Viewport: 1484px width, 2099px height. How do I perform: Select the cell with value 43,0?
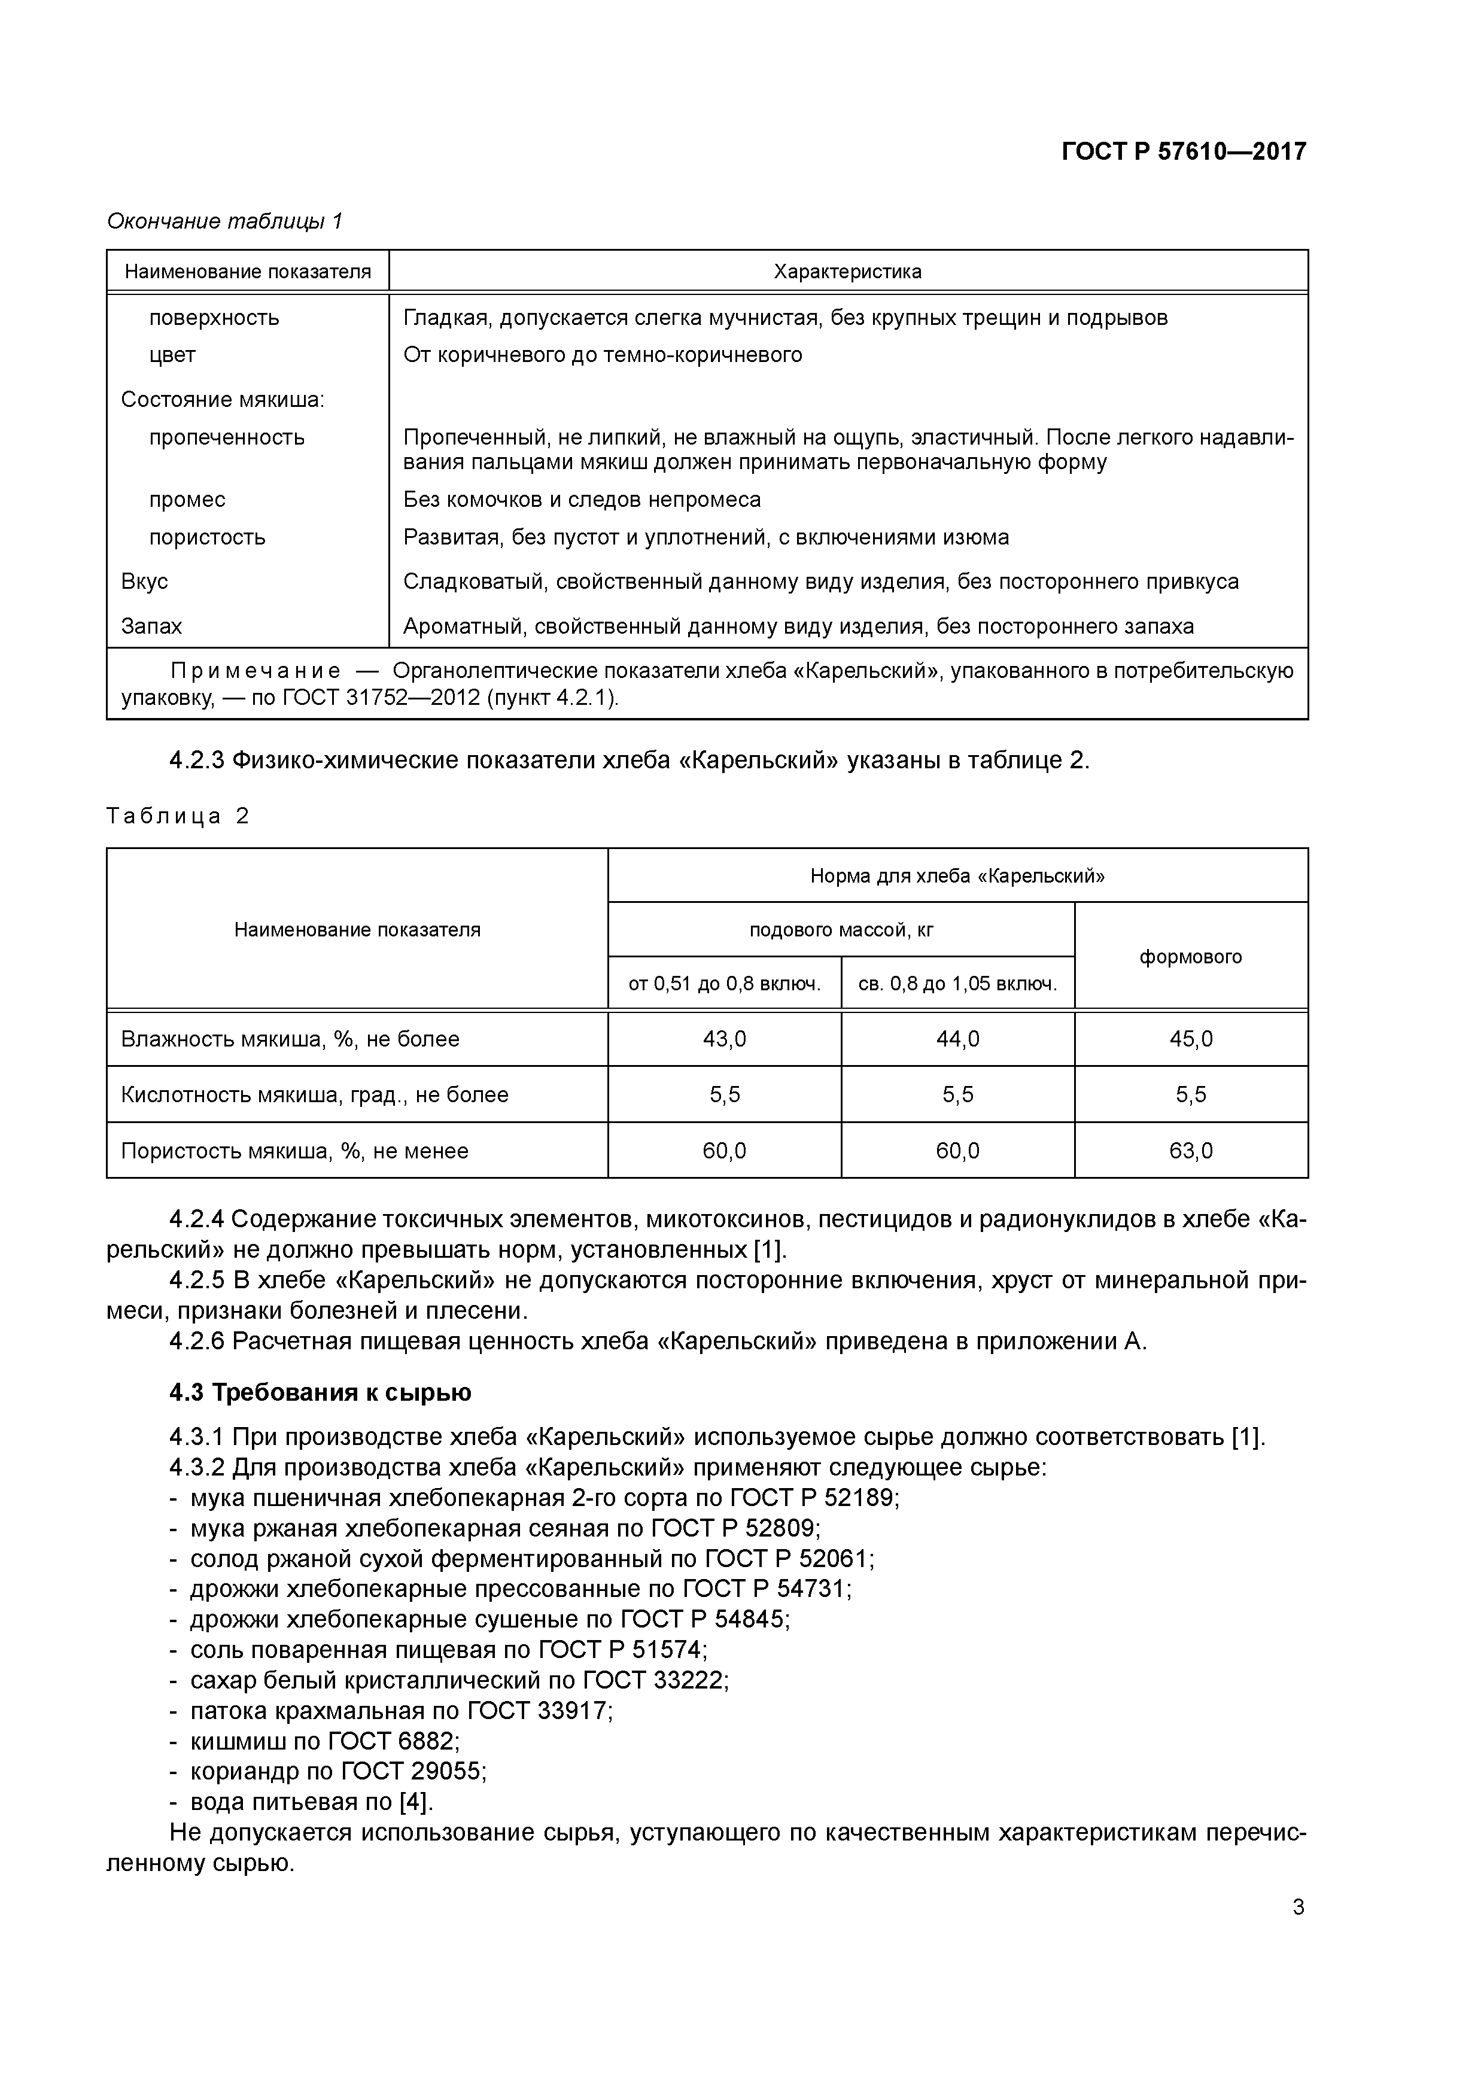(x=724, y=1039)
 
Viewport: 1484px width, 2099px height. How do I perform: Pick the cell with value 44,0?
(x=957, y=1039)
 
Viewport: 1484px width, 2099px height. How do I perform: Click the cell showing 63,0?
(x=1191, y=1150)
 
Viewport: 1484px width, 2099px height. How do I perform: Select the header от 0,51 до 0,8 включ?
(x=724, y=984)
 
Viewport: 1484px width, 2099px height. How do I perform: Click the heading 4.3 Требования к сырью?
(x=320, y=1392)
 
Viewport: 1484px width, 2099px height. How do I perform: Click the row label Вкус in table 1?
(x=144, y=582)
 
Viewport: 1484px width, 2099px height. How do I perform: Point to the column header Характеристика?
(x=847, y=272)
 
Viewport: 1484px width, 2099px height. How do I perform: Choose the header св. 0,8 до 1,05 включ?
(x=957, y=984)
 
